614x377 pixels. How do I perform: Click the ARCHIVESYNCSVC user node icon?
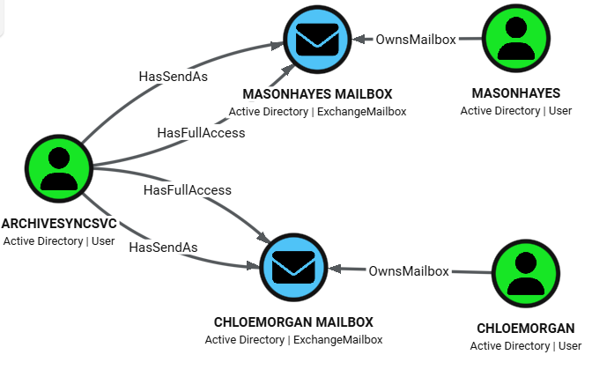[59, 168]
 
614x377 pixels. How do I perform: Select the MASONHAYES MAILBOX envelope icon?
[316, 39]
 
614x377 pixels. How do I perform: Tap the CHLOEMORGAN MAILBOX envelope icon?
[293, 267]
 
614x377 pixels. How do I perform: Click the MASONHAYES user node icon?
[516, 39]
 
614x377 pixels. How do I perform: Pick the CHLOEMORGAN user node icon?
[526, 272]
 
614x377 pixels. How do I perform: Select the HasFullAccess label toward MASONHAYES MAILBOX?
[201, 133]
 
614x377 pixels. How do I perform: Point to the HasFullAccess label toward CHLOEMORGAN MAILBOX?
[188, 189]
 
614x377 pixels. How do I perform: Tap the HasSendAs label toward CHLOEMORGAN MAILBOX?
[163, 248]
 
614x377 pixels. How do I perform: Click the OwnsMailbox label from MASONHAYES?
[417, 39]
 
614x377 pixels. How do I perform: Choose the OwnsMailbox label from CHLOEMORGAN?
[409, 270]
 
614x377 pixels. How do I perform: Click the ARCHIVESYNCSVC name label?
[59, 224]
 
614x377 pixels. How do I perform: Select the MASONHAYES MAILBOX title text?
[316, 94]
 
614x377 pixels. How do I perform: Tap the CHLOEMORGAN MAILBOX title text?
[293, 322]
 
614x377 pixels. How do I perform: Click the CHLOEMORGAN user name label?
[526, 329]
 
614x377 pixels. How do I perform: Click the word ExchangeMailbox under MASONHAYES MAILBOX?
[361, 112]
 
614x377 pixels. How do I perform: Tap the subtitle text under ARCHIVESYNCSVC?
[59, 241]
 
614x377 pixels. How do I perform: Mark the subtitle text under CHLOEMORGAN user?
[526, 346]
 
